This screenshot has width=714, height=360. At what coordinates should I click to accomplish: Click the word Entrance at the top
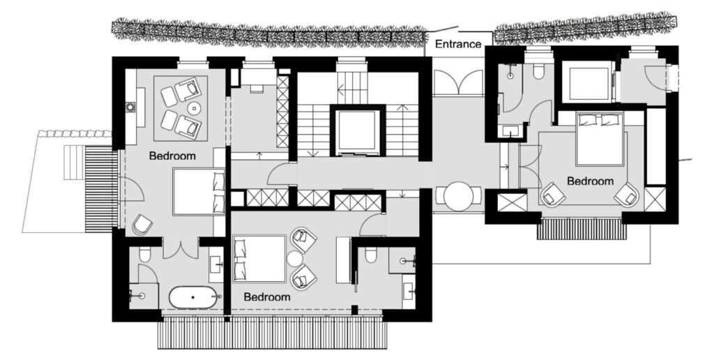pyautogui.click(x=458, y=44)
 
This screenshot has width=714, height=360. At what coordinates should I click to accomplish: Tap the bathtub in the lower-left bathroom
pyautogui.click(x=193, y=297)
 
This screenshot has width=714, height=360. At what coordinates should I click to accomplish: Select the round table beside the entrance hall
pyautogui.click(x=459, y=196)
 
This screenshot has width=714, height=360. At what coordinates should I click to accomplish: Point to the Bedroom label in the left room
pyautogui.click(x=173, y=156)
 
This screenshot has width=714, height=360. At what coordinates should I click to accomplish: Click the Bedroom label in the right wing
pyautogui.click(x=590, y=181)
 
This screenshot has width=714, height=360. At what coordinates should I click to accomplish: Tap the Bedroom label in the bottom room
pyautogui.click(x=267, y=297)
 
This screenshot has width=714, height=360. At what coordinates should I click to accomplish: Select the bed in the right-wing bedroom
pyautogui.click(x=599, y=139)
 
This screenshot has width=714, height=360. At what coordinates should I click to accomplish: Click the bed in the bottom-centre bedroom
pyautogui.click(x=259, y=259)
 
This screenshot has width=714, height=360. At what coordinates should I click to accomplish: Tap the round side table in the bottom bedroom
pyautogui.click(x=294, y=258)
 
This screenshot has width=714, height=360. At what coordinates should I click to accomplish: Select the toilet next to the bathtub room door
pyautogui.click(x=145, y=255)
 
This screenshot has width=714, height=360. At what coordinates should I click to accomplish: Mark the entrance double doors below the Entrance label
pyautogui.click(x=458, y=82)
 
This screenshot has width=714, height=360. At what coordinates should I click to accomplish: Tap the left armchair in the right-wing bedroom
pyautogui.click(x=553, y=194)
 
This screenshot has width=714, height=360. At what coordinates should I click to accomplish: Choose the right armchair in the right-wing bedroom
pyautogui.click(x=627, y=194)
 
